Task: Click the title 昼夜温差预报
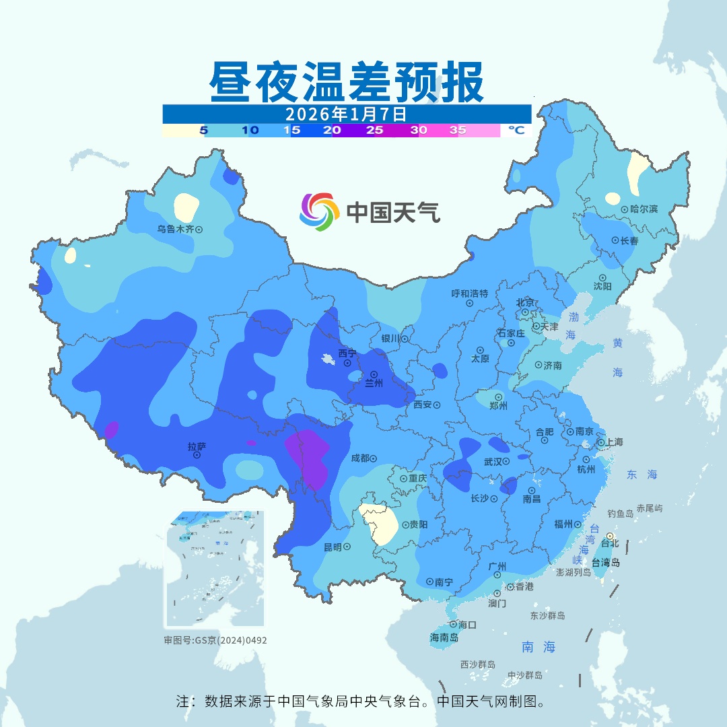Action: pyautogui.click(x=346, y=83)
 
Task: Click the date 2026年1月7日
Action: pyautogui.click(x=346, y=113)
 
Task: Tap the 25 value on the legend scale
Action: pyautogui.click(x=375, y=131)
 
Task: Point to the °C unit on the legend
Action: pyautogui.click(x=516, y=131)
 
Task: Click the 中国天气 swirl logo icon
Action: pyautogui.click(x=318, y=211)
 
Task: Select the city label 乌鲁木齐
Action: pyautogui.click(x=176, y=229)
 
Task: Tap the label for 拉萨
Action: pyautogui.click(x=197, y=446)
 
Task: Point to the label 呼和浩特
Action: pyautogui.click(x=469, y=293)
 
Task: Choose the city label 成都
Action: pyautogui.click(x=359, y=458)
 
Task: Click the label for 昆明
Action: pyautogui.click(x=333, y=547)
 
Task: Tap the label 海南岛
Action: pyautogui.click(x=444, y=637)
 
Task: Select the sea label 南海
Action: pyautogui.click(x=539, y=647)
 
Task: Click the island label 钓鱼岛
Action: pyautogui.click(x=620, y=514)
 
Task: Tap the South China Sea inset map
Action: pyautogui.click(x=215, y=569)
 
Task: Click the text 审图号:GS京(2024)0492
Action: pyautogui.click(x=215, y=640)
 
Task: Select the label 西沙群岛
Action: pyautogui.click(x=478, y=664)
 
